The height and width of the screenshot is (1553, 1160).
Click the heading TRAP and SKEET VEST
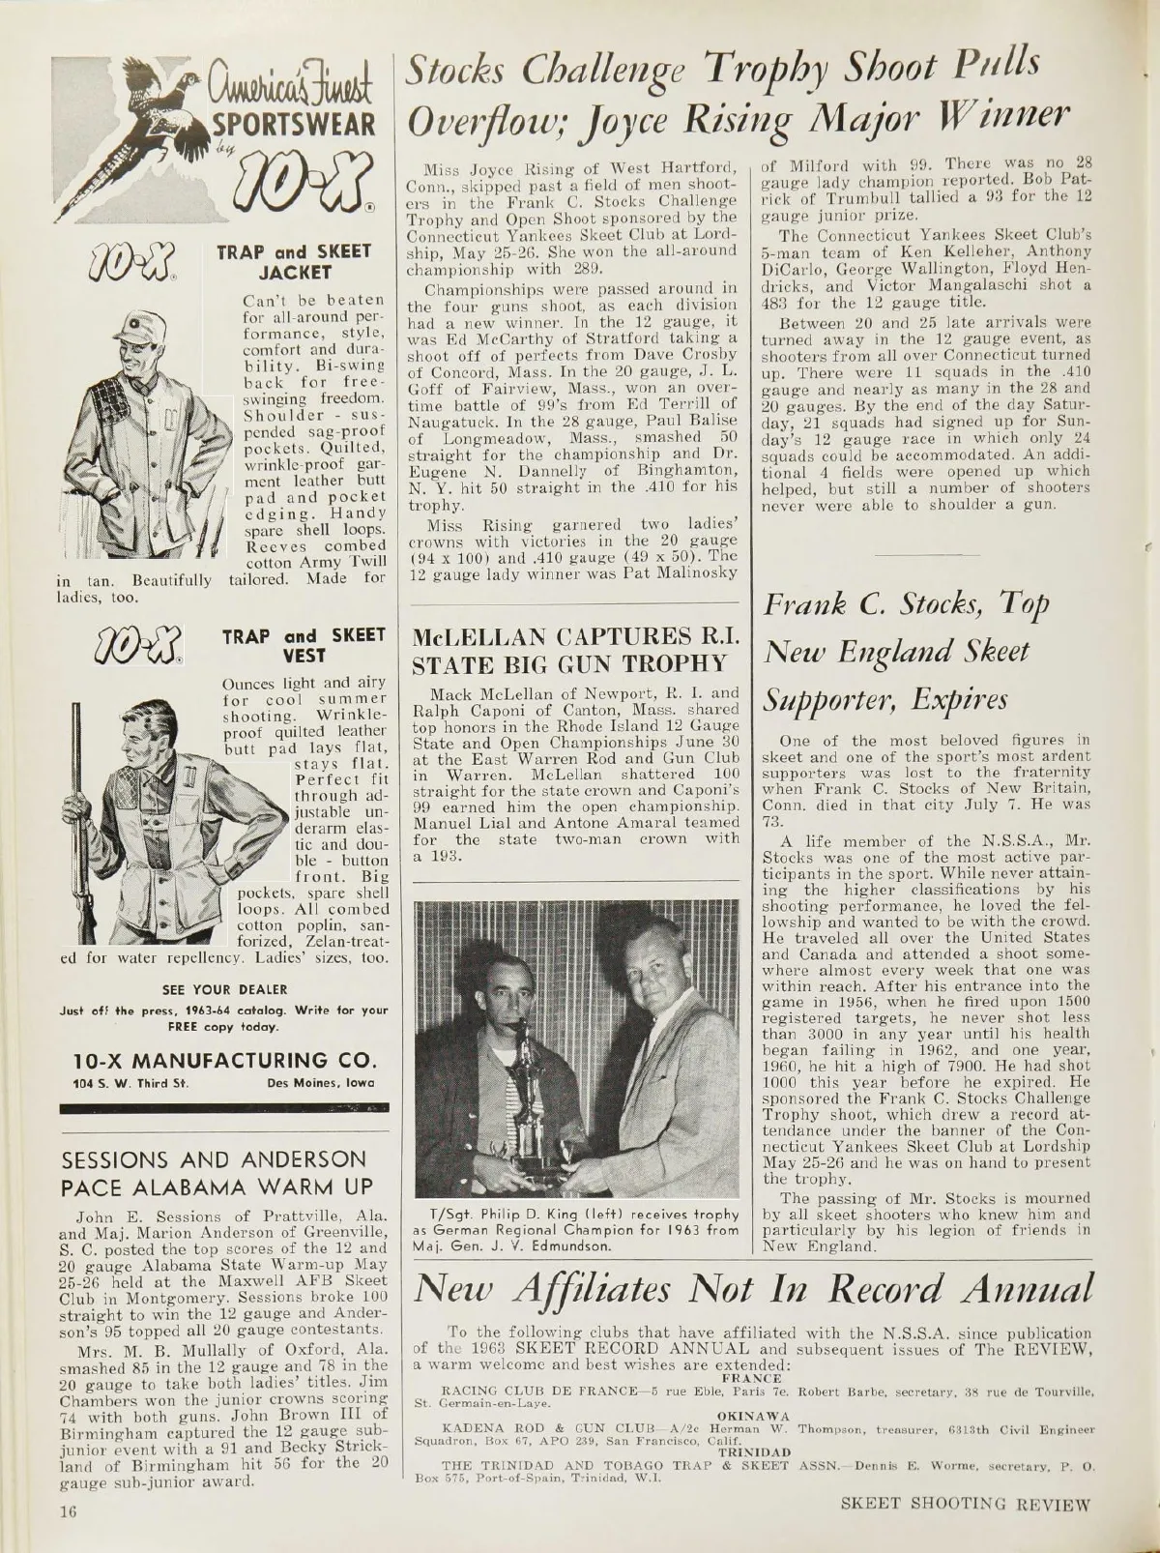[304, 645]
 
